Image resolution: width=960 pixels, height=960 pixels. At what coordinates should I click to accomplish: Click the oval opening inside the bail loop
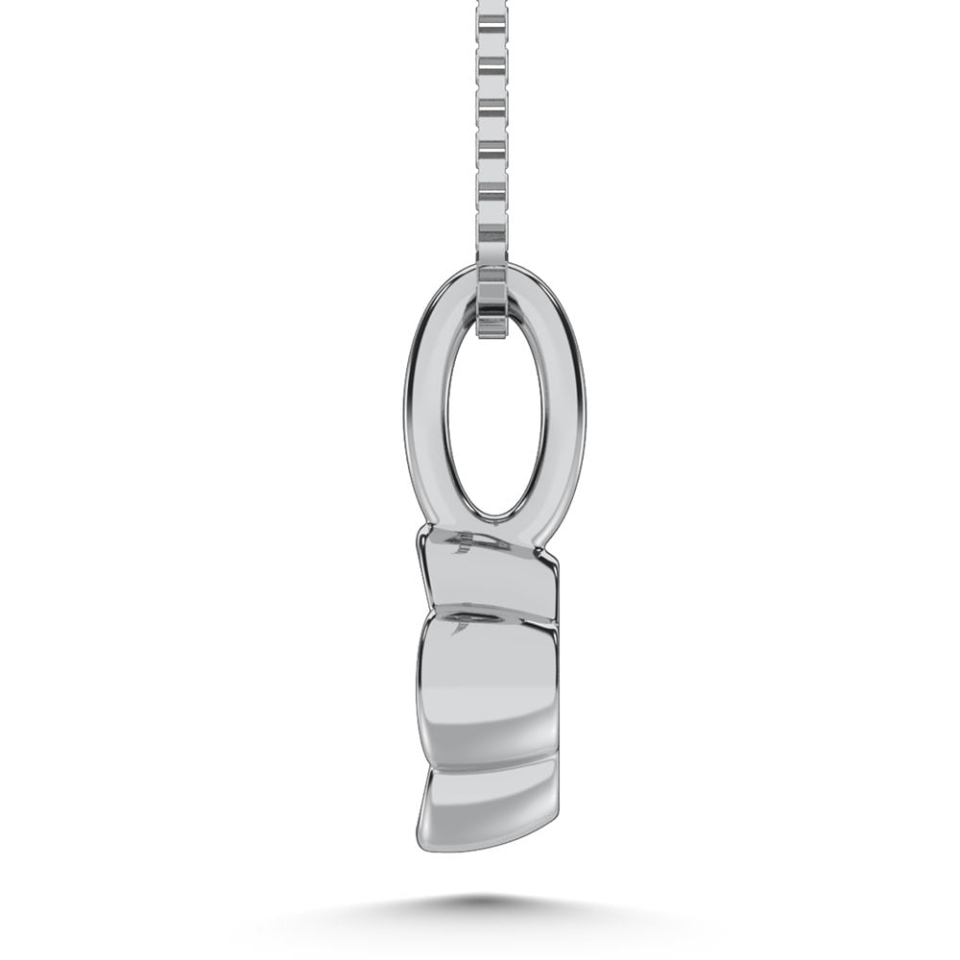pos(494,422)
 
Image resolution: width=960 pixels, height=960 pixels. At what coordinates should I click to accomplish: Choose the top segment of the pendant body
pos(490,576)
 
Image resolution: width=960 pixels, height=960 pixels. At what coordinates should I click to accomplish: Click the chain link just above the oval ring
pos(492,235)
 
